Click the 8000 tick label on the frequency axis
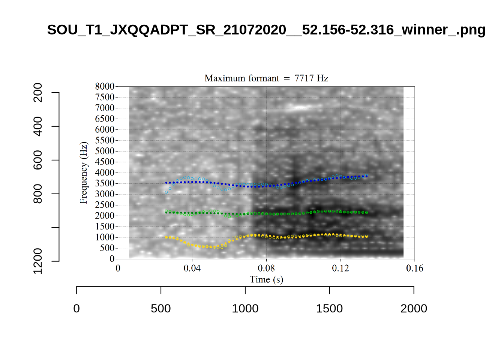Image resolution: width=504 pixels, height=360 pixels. (x=105, y=86)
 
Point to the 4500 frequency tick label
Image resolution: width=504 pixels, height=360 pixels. (x=105, y=162)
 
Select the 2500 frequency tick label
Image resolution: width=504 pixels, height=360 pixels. (x=105, y=205)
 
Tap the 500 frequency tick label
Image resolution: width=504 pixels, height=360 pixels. (x=107, y=248)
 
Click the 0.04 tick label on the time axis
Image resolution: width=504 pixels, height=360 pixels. (x=192, y=268)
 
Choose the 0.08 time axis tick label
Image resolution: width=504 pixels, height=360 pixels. (x=266, y=268)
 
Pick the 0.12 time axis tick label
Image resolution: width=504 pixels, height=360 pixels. (x=340, y=268)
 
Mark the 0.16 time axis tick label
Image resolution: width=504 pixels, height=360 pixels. (x=414, y=268)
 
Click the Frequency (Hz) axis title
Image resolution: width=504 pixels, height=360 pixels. (x=83, y=172)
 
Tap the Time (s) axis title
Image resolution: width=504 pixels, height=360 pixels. (x=266, y=279)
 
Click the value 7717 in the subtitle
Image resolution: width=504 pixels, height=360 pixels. (x=304, y=78)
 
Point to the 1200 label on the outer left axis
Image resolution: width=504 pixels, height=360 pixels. (x=38, y=261)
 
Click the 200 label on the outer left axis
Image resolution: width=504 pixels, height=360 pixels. (x=38, y=93)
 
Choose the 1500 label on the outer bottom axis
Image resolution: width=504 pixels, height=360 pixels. (x=329, y=309)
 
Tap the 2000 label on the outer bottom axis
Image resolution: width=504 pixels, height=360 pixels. (x=414, y=309)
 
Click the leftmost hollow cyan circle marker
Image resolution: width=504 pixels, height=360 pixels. (x=166, y=192)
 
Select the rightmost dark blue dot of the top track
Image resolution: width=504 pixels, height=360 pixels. (x=367, y=175)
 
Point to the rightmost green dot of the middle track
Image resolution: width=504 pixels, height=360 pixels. (x=367, y=213)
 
